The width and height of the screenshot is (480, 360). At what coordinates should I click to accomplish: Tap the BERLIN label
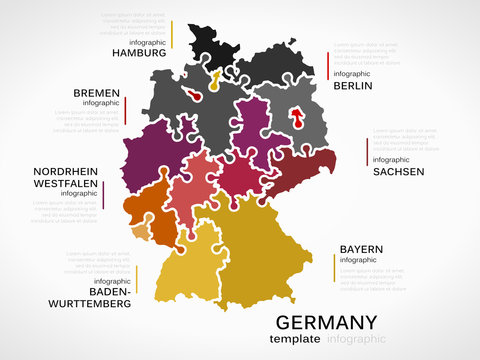pyautogui.click(x=353, y=86)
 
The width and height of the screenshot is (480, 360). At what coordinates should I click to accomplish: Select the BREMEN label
pyautogui.click(x=96, y=93)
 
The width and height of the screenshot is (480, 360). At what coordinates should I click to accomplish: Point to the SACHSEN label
pyautogui.click(x=398, y=171)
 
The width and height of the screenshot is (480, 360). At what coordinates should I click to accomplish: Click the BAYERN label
pyautogui.click(x=361, y=248)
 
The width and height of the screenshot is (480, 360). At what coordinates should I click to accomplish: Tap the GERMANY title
pyautogui.click(x=326, y=322)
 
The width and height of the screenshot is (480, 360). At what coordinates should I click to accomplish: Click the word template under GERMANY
pyautogui.click(x=296, y=339)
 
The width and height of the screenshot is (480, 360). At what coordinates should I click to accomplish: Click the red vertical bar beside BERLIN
pyautogui.click(x=329, y=65)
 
